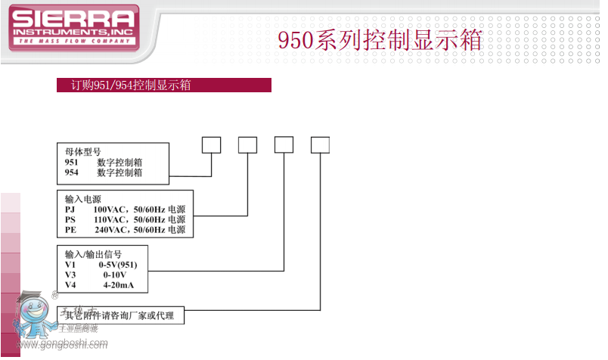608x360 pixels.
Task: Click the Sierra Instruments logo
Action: (x=73, y=29)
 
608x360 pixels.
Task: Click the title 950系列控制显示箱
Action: (x=380, y=40)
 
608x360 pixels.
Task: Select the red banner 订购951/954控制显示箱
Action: (x=164, y=85)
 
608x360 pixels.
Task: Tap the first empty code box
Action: (x=211, y=145)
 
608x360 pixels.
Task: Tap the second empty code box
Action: (x=248, y=145)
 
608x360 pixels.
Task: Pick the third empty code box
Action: (x=284, y=145)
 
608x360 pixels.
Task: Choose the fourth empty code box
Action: (x=321, y=145)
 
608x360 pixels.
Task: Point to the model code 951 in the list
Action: (x=73, y=162)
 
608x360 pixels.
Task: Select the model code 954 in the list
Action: (x=73, y=172)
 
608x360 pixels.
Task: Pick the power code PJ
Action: (x=71, y=209)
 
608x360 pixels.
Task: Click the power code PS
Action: (x=71, y=219)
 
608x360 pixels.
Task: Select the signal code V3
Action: (x=71, y=275)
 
